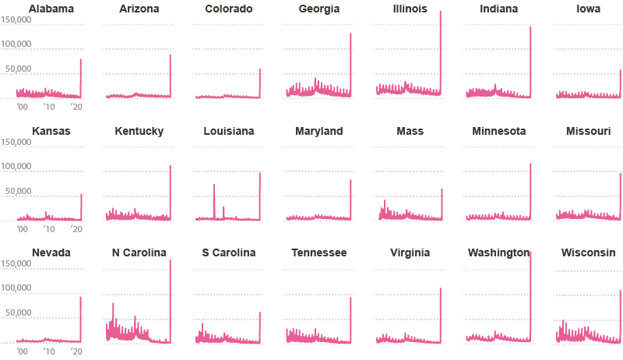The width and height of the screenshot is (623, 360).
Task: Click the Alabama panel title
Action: [x=51, y=9]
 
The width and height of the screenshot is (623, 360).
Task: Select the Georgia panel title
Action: [x=319, y=9]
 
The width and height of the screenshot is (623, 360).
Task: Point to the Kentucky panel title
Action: [x=139, y=131]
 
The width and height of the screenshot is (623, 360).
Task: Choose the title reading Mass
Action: [x=410, y=131]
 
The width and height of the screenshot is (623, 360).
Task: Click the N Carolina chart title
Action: [x=139, y=252]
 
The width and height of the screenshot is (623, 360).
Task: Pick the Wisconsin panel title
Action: [x=588, y=252]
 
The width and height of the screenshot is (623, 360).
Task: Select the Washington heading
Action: [x=498, y=252]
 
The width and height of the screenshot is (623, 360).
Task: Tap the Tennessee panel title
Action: [x=319, y=252]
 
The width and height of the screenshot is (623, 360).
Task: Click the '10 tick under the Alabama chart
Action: [x=49, y=107]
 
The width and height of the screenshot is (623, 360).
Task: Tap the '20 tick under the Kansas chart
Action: [x=76, y=228]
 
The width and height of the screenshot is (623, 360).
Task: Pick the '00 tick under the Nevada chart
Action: [x=22, y=351]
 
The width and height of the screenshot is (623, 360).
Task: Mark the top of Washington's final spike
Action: [x=530, y=252]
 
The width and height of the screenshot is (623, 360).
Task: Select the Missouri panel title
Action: [x=588, y=131]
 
